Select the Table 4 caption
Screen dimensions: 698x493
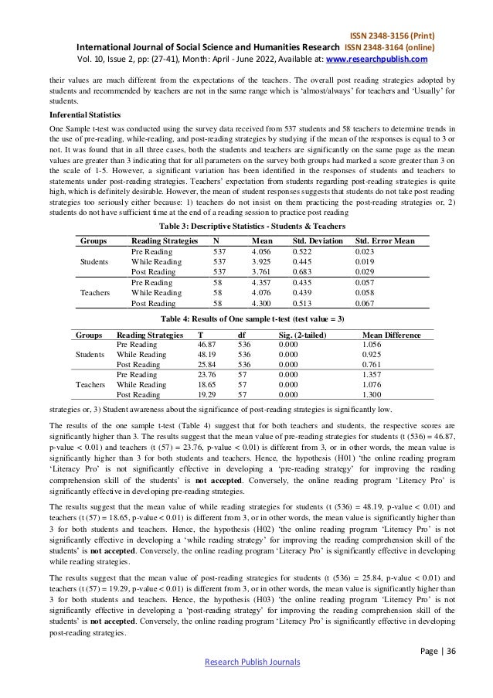point(246,321)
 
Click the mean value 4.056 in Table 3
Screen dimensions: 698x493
point(263,252)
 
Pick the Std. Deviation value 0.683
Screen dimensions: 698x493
point(307,272)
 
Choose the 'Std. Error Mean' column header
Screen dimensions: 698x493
point(384,241)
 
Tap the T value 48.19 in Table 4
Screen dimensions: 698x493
point(208,355)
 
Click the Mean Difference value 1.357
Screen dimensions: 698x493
point(374,373)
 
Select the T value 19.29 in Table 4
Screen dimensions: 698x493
point(208,393)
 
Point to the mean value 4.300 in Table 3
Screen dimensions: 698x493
point(263,304)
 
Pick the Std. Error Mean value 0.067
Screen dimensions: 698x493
point(365,304)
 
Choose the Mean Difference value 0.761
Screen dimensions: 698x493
point(374,364)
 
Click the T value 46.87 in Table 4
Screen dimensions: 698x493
point(208,345)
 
